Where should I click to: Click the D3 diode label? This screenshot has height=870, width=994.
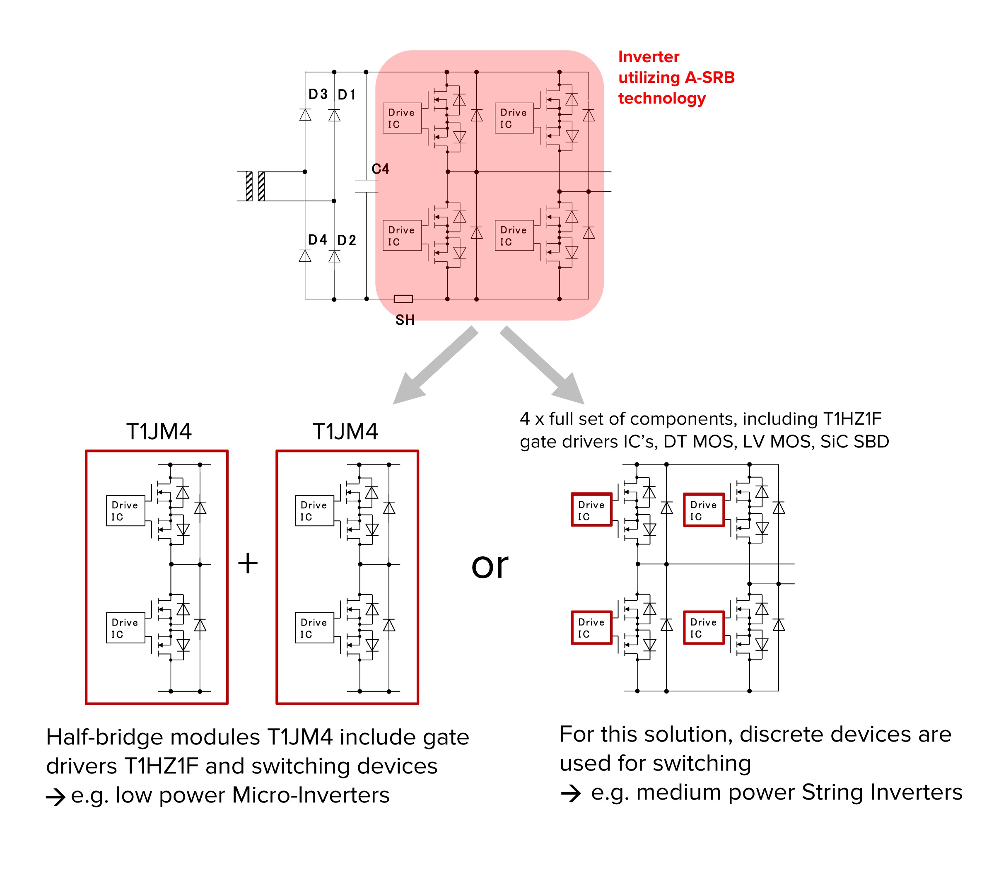[x=318, y=94]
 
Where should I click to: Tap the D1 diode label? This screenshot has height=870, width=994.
[x=347, y=95]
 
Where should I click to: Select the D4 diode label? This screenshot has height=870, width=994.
[x=317, y=240]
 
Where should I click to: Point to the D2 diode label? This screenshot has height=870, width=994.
[x=347, y=240]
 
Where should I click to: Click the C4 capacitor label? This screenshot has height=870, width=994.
[x=380, y=169]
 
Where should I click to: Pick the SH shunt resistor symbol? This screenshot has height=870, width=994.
[x=403, y=299]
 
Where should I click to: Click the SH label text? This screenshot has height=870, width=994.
[x=405, y=320]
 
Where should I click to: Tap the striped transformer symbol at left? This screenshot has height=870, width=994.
[x=255, y=186]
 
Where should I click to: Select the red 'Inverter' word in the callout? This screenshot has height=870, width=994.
[x=649, y=57]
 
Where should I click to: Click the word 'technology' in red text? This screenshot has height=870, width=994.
[x=661, y=98]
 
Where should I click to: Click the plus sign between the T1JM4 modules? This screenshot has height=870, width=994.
[x=248, y=564]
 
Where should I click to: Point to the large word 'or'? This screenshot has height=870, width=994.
[x=489, y=565]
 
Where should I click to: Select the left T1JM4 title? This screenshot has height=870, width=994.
[x=159, y=431]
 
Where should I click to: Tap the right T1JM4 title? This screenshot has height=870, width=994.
[x=345, y=431]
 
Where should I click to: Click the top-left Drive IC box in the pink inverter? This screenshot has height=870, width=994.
[x=402, y=118]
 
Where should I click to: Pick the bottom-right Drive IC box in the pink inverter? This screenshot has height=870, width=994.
[x=514, y=235]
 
